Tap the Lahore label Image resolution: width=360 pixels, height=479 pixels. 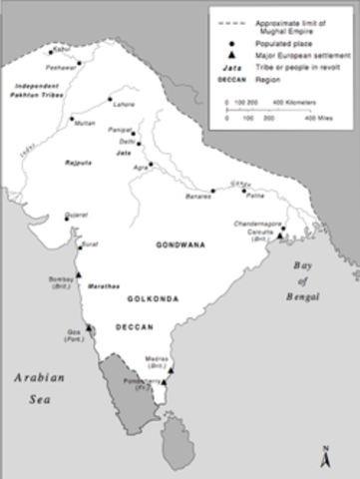click(x=123, y=105)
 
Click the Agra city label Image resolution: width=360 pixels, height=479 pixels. click(x=140, y=169)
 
